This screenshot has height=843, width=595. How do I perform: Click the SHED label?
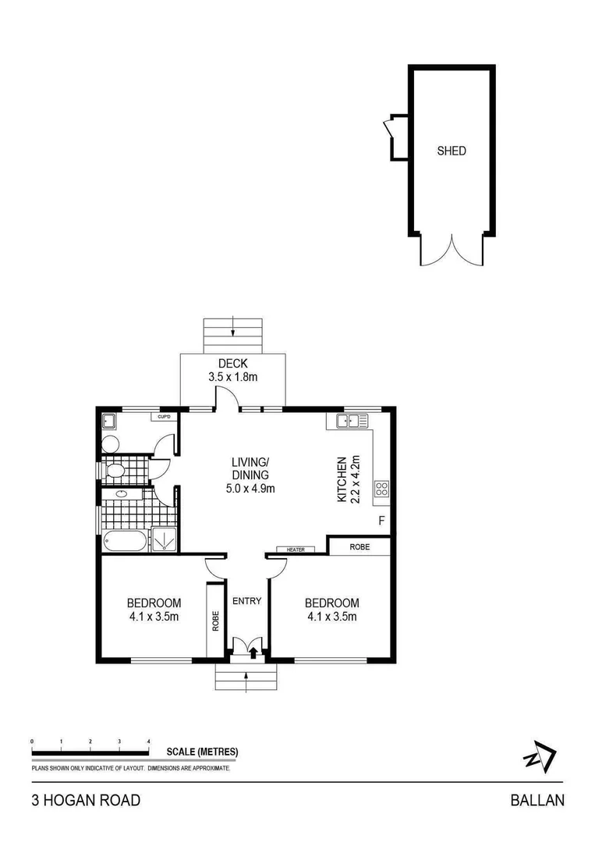451,151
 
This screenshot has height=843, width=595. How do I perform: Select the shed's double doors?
452,251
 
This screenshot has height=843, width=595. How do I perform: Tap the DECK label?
232,363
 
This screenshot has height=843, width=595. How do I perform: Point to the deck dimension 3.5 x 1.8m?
232,377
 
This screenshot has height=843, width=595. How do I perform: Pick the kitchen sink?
352,421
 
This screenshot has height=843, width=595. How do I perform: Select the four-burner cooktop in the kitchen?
382,489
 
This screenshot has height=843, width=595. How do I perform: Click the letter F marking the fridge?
381,521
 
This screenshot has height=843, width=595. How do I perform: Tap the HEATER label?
296,550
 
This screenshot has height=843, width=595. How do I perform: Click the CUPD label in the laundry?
164,417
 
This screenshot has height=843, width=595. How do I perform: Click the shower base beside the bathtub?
164,539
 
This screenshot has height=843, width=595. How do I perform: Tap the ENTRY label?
246,601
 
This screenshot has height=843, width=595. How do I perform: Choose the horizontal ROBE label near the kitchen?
359,547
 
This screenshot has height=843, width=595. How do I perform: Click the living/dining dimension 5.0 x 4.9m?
250,489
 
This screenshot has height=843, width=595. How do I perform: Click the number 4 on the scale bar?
148,741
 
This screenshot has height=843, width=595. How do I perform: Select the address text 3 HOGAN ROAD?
86,800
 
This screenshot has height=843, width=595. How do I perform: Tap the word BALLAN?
537,800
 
